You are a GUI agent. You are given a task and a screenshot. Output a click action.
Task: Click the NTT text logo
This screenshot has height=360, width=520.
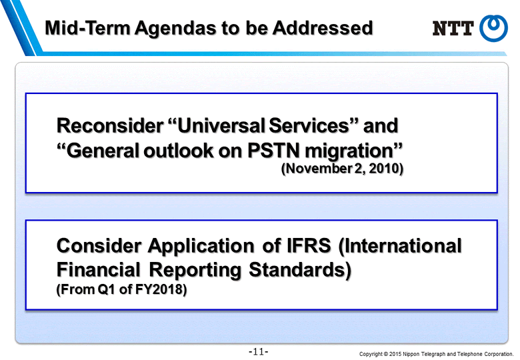[453, 28]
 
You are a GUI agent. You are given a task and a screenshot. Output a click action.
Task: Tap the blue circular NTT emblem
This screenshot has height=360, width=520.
[493, 28]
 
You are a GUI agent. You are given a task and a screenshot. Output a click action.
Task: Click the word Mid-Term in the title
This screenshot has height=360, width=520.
[87, 28]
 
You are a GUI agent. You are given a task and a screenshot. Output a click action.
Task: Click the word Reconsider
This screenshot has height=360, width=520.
[110, 125]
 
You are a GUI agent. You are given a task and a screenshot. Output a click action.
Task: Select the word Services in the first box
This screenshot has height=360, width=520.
[309, 125]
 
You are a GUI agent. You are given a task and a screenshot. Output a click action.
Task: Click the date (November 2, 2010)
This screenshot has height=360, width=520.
[342, 169]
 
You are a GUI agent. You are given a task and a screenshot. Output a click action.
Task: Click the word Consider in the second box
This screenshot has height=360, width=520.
[99, 245]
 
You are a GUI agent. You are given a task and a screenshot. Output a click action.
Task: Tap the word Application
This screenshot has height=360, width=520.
[201, 247]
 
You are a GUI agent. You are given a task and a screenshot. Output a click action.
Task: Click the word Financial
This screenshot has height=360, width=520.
[99, 269]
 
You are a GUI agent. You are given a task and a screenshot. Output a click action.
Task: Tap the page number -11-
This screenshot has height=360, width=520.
[259, 351]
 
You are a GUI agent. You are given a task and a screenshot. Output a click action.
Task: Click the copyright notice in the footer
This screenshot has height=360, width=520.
[436, 354]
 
